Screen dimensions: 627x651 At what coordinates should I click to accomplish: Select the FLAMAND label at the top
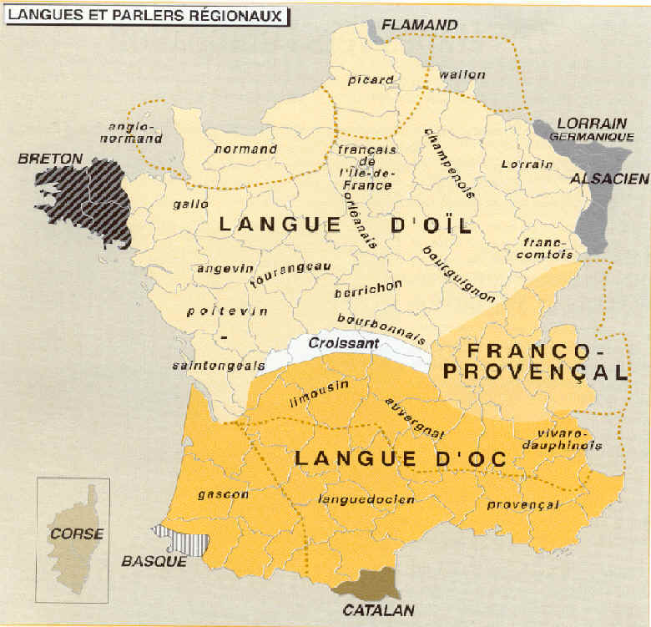pyautogui.click(x=420, y=25)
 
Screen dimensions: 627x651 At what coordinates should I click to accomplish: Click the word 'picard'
pyautogui.click(x=370, y=80)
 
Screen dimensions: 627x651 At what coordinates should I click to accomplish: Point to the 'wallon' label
pyautogui.click(x=462, y=75)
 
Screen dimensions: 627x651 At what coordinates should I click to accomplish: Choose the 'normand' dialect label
pyautogui.click(x=245, y=149)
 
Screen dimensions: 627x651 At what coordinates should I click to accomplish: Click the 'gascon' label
pyautogui.click(x=223, y=494)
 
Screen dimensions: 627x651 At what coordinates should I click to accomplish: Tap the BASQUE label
pyautogui.click(x=154, y=561)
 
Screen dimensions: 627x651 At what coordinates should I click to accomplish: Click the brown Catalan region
pyautogui.click(x=367, y=581)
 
